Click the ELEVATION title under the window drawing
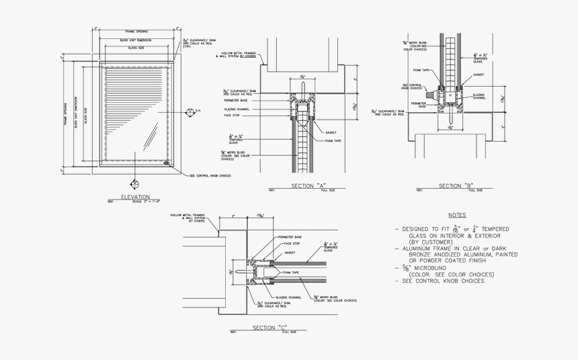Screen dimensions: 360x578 [x=135, y=197]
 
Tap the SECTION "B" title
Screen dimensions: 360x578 [x=456, y=185]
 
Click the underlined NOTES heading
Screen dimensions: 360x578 [x=456, y=215]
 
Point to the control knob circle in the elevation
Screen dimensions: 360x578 [x=166, y=163]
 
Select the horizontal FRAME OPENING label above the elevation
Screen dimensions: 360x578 [x=136, y=32]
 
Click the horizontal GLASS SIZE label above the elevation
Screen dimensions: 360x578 [x=136, y=48]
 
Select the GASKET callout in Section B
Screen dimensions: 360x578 [x=479, y=75]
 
